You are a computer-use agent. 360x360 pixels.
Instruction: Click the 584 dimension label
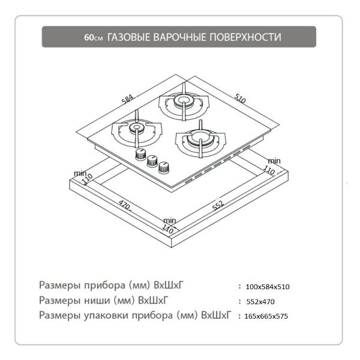point(127,99)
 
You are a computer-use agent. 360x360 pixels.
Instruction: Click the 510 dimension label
point(240,98)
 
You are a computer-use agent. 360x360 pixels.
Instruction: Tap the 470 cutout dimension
point(124,205)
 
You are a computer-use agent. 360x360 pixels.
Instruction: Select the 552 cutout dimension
point(218,205)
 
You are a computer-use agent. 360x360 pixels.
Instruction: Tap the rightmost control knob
point(164,167)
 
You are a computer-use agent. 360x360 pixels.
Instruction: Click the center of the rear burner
point(183,100)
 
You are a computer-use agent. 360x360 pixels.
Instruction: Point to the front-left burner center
point(136,127)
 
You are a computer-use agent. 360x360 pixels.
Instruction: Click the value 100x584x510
point(268,287)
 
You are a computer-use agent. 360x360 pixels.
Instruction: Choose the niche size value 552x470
point(260,301)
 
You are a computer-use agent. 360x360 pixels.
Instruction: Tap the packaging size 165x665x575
point(266,316)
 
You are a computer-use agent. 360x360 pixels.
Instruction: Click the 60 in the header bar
point(89,37)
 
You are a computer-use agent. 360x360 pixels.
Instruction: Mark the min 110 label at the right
point(272,166)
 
